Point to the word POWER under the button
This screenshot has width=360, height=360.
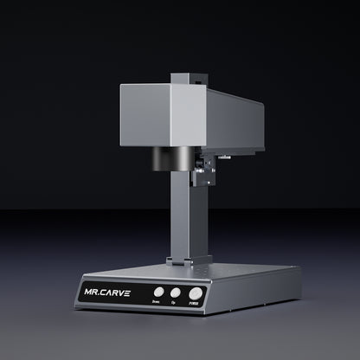[195, 306]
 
